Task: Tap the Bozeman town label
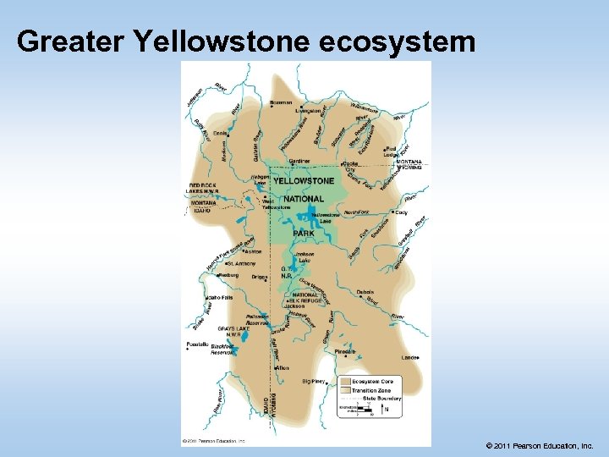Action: pyautogui.click(x=280, y=102)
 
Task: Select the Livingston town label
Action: pyautogui.click(x=309, y=110)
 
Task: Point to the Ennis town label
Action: pyautogui.click(x=221, y=133)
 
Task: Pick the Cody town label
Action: pyautogui.click(x=401, y=212)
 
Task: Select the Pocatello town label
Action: pyautogui.click(x=198, y=344)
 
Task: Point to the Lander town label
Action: pyautogui.click(x=409, y=358)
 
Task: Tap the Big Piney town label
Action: pyautogui.click(x=313, y=382)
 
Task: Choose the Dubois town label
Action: pyautogui.click(x=365, y=292)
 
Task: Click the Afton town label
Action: pyautogui.click(x=283, y=368)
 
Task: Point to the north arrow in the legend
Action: pyautogui.click(x=387, y=410)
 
